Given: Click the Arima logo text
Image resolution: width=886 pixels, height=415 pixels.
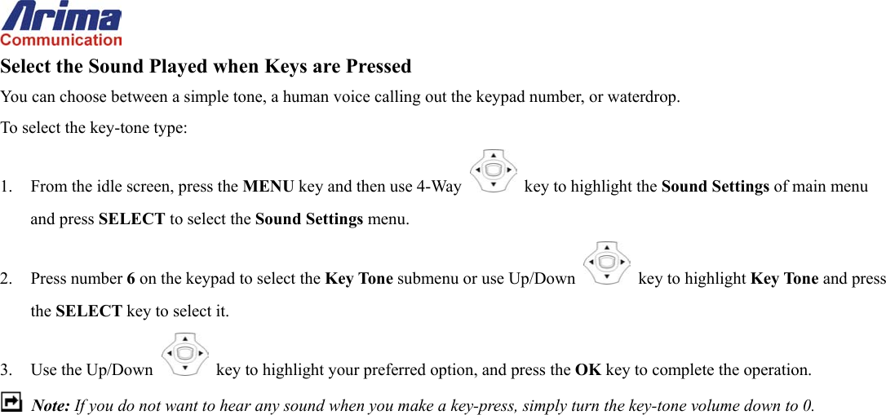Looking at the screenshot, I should (x=61, y=16).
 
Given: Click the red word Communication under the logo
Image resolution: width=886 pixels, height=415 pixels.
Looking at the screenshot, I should (x=61, y=40).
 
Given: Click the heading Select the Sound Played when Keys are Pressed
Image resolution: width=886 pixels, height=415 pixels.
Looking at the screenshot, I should (x=206, y=66).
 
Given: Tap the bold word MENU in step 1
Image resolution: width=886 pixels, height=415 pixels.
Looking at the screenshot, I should (x=268, y=187).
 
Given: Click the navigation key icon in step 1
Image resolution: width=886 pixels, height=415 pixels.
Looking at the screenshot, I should (x=494, y=170).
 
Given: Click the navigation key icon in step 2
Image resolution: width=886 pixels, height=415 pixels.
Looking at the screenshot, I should (x=607, y=263).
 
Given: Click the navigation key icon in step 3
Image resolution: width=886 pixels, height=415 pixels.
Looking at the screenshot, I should (x=185, y=354).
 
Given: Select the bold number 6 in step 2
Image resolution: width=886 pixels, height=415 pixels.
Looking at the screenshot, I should (x=131, y=279).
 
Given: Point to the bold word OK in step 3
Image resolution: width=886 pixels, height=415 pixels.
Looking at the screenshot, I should (x=587, y=370).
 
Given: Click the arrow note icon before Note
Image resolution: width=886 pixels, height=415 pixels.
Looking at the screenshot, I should (x=12, y=403).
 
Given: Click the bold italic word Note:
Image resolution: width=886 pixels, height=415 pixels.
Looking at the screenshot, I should (x=51, y=406).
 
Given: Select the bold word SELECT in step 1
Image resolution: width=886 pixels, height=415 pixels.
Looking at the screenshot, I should (x=131, y=219).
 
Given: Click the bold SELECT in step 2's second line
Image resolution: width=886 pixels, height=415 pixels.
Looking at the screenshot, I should (x=88, y=311).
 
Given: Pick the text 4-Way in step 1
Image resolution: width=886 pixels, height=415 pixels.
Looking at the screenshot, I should (x=439, y=187).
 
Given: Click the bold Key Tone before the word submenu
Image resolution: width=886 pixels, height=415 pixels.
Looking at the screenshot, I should (x=358, y=279).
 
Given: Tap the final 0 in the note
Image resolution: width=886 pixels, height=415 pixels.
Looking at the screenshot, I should (x=808, y=406).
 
